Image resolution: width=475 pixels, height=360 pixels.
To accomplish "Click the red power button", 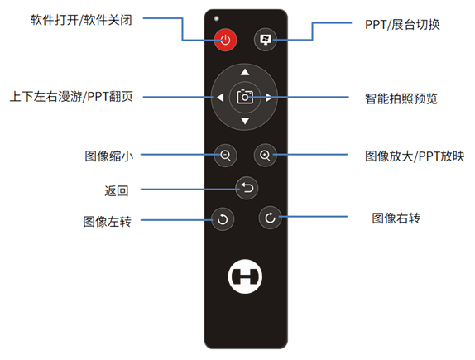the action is click(x=225, y=40).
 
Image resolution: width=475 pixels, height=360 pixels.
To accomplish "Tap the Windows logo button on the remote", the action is click(x=266, y=40).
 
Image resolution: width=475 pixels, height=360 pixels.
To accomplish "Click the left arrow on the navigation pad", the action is click(x=220, y=98).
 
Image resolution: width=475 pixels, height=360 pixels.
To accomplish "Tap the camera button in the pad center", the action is click(x=245, y=97).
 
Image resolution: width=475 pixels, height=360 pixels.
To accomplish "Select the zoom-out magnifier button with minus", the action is click(x=225, y=156).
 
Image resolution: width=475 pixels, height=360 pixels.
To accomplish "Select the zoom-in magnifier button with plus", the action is click(x=266, y=156).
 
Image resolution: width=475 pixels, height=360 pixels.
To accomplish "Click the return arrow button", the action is click(x=247, y=188).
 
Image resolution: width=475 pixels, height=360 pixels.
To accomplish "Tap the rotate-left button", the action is click(x=223, y=219).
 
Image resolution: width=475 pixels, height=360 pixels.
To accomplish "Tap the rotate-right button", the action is click(x=271, y=218).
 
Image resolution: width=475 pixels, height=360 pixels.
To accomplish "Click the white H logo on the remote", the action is click(x=245, y=276).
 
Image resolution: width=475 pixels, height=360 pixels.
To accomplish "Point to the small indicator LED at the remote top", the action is click(x=216, y=18).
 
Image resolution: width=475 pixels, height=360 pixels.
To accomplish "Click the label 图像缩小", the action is click(x=109, y=156).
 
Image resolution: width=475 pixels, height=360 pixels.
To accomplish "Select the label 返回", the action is click(x=117, y=191).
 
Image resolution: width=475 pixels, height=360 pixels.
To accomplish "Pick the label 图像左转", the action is click(x=108, y=222).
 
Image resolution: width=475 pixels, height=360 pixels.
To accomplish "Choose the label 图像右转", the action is click(x=396, y=218).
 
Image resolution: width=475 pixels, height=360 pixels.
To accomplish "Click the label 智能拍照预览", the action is click(x=401, y=98).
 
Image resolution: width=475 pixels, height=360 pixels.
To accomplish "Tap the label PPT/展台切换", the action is click(x=403, y=25).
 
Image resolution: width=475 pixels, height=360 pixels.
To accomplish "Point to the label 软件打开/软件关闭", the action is click(x=81, y=20).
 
